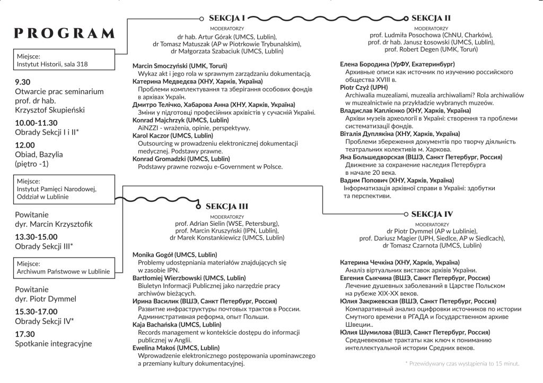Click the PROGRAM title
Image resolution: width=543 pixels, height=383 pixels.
[x=65, y=33]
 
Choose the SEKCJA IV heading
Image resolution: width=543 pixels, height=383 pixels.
[x=432, y=214]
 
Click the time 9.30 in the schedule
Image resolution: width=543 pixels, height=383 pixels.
[x=23, y=82]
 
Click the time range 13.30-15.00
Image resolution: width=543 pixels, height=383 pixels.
[x=37, y=237]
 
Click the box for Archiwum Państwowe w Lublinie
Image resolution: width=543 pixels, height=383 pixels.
[x=63, y=267]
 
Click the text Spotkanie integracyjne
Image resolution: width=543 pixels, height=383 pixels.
[x=54, y=343]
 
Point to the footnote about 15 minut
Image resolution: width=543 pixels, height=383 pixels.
[x=461, y=364]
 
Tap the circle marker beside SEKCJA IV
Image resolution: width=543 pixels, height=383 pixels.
[x=406, y=214]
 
